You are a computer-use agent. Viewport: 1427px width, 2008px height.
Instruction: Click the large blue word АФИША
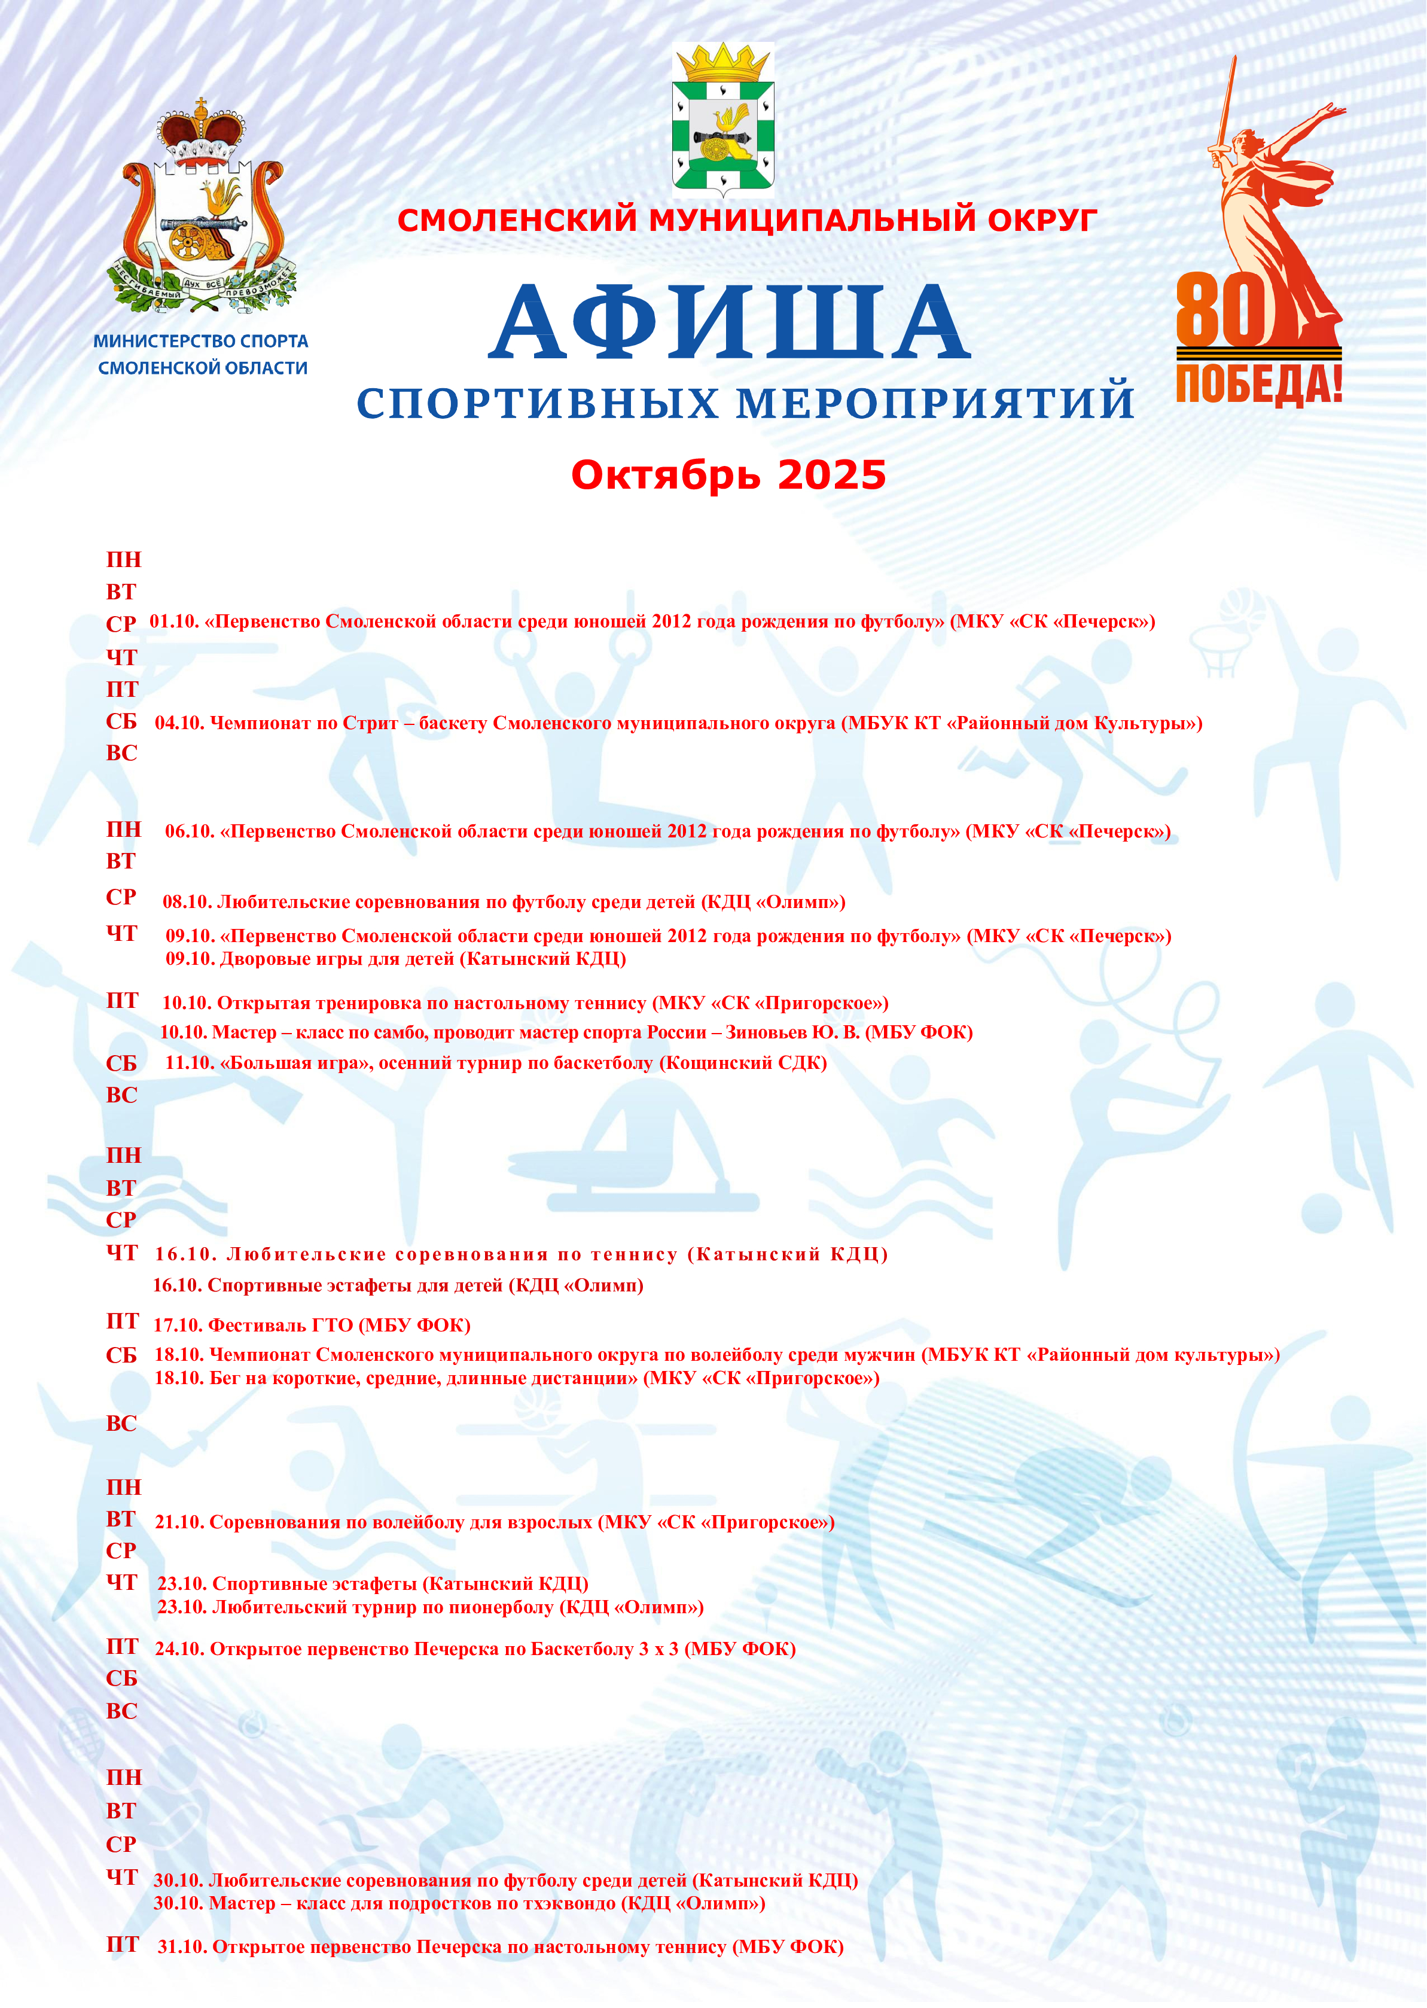[729, 322]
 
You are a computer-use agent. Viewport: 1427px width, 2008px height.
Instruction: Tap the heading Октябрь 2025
[728, 476]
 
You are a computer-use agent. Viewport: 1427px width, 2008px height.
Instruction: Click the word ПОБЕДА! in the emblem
[1258, 385]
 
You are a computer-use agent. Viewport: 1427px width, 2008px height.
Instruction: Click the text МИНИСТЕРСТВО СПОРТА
[201, 341]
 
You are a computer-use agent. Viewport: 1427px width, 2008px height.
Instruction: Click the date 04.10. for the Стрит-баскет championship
[179, 723]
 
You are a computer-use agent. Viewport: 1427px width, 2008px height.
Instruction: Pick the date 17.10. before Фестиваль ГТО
[178, 1325]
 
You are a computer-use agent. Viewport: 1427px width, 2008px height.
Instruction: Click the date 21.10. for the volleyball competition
[179, 1522]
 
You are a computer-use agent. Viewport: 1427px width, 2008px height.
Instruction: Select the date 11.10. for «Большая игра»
[190, 1064]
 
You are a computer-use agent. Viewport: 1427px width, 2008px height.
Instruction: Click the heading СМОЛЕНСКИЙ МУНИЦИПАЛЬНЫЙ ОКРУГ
[747, 220]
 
